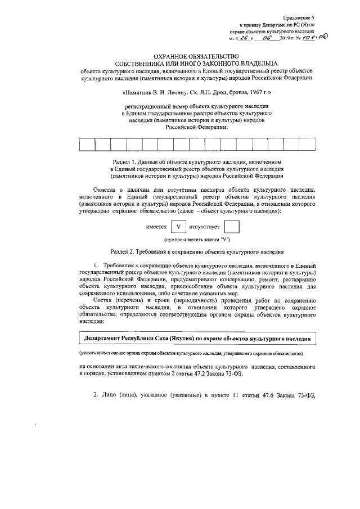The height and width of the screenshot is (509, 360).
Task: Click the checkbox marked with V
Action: (x=178, y=227)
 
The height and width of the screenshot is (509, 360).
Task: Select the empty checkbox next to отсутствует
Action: (x=231, y=227)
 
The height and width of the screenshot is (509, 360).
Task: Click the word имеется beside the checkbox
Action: (x=156, y=227)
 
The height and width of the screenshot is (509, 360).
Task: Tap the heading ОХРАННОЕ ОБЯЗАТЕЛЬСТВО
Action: (x=180, y=56)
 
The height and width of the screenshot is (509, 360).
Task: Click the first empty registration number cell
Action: (x=87, y=145)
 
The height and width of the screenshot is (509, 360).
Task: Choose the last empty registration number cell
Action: (x=307, y=145)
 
